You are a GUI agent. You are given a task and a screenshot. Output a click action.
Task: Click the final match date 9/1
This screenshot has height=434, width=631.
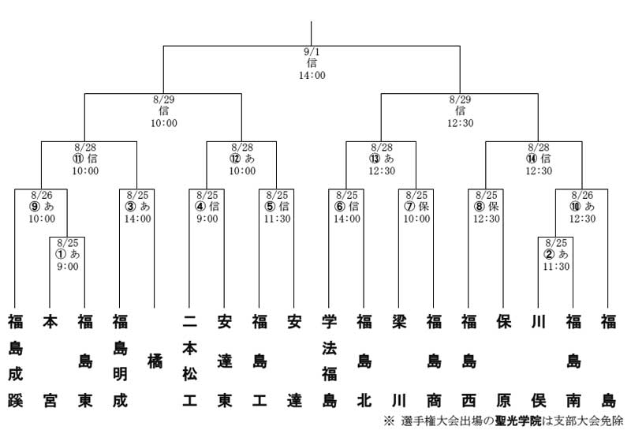click(x=312, y=52)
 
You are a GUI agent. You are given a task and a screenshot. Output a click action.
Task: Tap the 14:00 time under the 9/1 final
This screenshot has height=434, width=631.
click(x=312, y=75)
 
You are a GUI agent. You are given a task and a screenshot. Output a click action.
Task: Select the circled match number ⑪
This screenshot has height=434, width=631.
click(x=77, y=159)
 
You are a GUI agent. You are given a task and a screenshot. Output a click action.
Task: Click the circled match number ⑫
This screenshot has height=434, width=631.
click(x=235, y=159)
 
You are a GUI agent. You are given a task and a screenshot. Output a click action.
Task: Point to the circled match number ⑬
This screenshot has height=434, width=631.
click(x=375, y=159)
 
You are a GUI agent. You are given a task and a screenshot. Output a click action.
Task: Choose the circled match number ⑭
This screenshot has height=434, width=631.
click(x=532, y=159)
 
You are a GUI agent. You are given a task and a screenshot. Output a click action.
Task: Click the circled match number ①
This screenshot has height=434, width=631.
click(x=61, y=254)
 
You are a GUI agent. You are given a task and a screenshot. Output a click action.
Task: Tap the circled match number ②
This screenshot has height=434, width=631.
click(x=549, y=254)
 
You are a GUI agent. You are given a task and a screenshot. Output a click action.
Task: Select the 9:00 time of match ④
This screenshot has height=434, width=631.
click(x=207, y=219)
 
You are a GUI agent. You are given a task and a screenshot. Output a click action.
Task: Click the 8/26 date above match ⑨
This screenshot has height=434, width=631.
click(x=42, y=195)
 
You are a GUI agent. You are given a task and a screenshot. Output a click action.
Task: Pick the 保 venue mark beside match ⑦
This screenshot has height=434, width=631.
click(x=424, y=207)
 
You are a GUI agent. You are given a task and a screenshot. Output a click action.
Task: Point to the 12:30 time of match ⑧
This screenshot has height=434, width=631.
click(x=487, y=219)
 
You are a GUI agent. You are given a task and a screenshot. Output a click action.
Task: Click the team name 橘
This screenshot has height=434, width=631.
click(x=155, y=361)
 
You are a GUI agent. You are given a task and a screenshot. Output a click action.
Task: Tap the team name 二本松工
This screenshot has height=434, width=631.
click(x=189, y=361)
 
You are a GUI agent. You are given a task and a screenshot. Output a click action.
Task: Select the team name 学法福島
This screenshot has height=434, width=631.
click(x=329, y=361)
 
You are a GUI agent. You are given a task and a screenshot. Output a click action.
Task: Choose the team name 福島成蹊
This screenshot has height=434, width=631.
click(x=15, y=361)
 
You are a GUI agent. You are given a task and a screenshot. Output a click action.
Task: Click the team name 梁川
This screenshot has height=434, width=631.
click(x=399, y=361)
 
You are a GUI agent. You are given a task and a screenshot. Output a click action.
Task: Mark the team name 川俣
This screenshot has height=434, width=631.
click(x=539, y=361)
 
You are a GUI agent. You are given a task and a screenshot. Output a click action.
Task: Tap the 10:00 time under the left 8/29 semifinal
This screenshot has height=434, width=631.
click(x=164, y=123)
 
